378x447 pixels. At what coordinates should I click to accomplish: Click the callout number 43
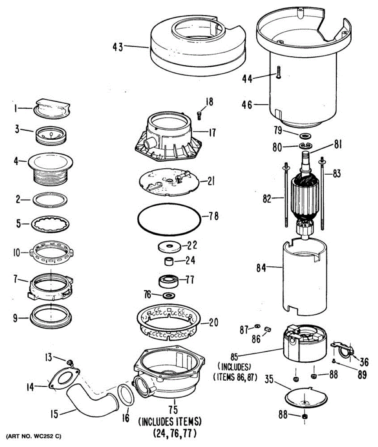[118, 47]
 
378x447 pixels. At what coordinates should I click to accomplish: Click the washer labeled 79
[305, 134]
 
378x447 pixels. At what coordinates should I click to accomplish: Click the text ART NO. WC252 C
[32, 436]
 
